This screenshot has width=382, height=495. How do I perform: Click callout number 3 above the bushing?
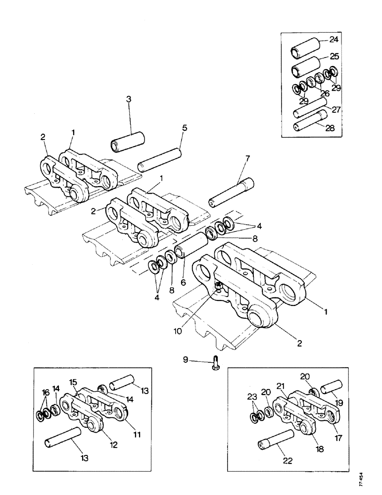[128, 99]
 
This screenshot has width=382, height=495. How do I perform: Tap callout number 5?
[184, 128]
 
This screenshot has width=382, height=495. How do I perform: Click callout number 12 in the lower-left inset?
[114, 445]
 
